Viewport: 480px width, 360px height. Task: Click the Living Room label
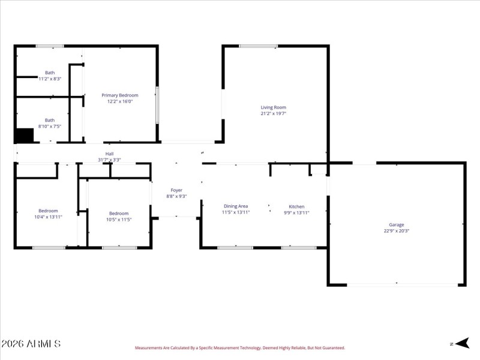click(x=273, y=107)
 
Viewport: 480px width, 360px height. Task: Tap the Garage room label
click(x=396, y=225)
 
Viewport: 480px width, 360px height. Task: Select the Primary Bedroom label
click(x=119, y=95)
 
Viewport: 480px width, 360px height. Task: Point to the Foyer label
click(x=176, y=190)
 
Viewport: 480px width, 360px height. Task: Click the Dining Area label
click(x=236, y=206)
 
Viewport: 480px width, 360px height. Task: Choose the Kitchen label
click(x=296, y=206)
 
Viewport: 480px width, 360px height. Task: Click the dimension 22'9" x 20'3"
click(x=396, y=231)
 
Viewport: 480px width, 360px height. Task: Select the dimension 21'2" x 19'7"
click(x=273, y=113)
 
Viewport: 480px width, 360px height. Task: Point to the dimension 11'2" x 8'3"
click(x=50, y=79)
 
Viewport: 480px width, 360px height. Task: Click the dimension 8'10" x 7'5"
click(x=50, y=126)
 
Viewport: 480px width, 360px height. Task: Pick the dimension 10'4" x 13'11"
click(x=48, y=217)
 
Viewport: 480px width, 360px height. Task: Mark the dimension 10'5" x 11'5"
click(x=119, y=220)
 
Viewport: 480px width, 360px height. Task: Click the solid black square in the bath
click(x=24, y=136)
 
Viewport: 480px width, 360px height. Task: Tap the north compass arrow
click(x=461, y=343)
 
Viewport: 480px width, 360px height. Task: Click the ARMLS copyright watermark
click(x=31, y=344)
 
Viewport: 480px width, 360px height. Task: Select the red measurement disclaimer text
click(x=239, y=348)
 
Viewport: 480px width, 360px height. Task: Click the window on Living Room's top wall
click(x=258, y=46)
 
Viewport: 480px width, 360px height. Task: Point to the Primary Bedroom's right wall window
click(x=157, y=106)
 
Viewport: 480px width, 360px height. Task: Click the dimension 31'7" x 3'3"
click(x=109, y=160)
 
